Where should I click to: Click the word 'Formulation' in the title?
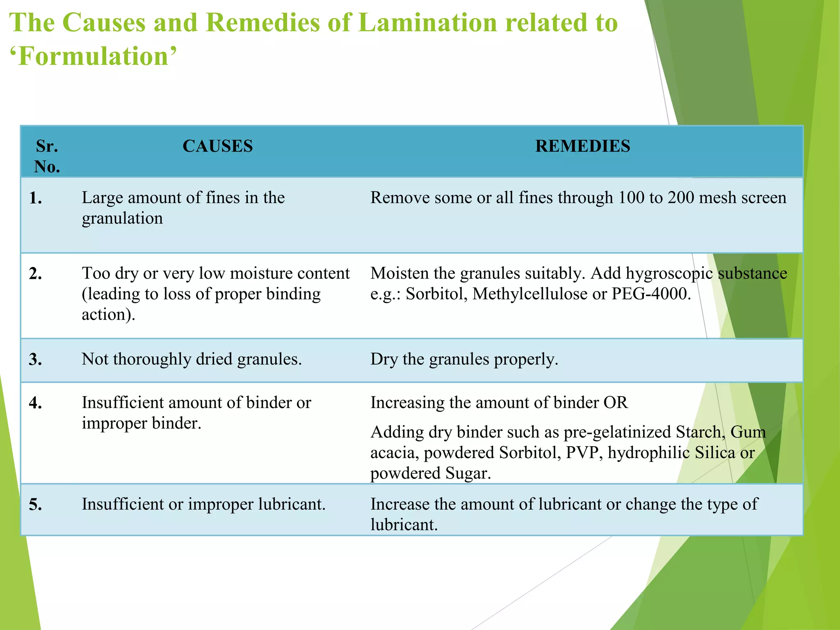tap(94, 56)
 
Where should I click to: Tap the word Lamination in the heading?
tap(426, 23)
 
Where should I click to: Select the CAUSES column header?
tap(217, 146)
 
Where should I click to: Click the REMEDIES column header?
tap(582, 146)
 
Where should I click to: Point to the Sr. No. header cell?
tap(47, 156)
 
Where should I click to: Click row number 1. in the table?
tap(36, 199)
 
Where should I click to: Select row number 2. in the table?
tap(36, 274)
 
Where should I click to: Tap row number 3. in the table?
tap(36, 360)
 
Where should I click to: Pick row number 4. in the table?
tap(36, 403)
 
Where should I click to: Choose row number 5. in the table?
tap(36, 504)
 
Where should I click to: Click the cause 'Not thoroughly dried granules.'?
tap(192, 359)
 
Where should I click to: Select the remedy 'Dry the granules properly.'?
tap(464, 359)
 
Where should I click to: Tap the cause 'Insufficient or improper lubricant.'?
tap(203, 504)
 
